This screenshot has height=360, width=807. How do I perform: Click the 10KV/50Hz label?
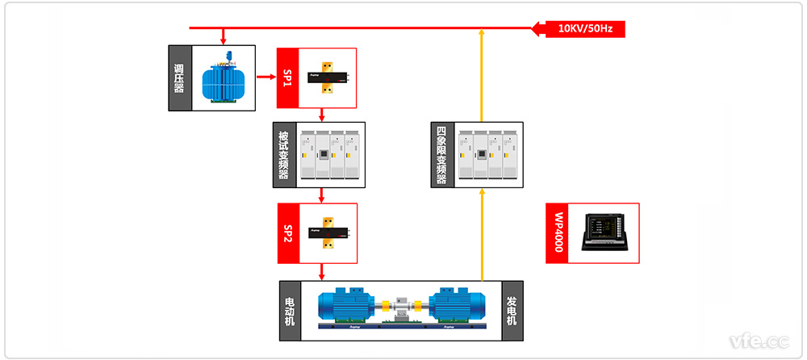(586, 30)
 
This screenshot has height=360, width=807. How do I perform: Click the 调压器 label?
(179, 78)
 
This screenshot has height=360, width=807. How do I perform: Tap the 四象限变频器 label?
(441, 155)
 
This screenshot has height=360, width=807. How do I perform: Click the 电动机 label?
(290, 310)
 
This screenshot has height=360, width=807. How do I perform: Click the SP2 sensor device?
(328, 232)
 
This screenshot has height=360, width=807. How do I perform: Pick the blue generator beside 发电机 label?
(457, 308)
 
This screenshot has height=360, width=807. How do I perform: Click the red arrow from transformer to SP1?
(266, 77)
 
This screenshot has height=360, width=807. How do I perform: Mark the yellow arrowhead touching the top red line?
(482, 33)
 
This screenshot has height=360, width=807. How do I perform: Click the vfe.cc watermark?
(758, 341)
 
